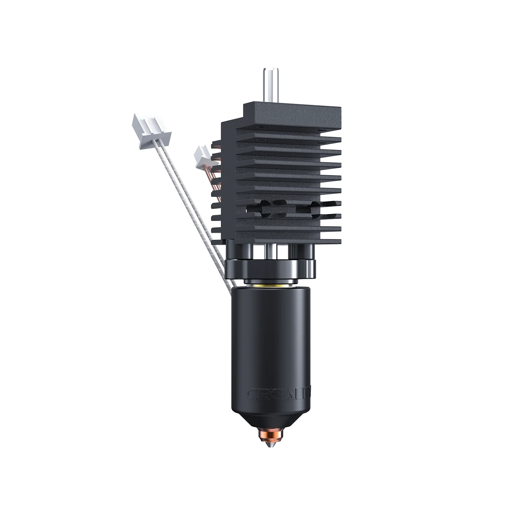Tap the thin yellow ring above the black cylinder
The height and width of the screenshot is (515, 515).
[x=270, y=286]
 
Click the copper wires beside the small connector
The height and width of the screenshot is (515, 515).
[x=216, y=180]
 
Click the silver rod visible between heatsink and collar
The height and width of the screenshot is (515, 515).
[x=271, y=251]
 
